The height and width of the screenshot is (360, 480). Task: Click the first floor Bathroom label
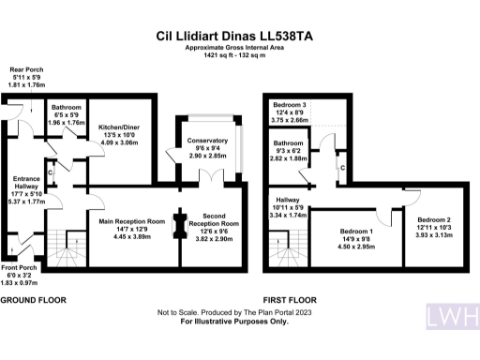(x=290, y=143)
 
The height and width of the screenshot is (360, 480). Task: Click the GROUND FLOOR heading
(x=32, y=300)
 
